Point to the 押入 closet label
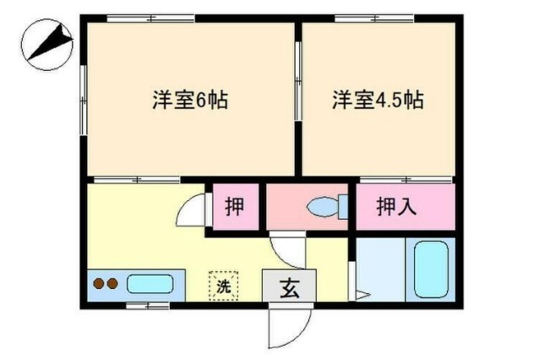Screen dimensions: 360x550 pos(396,206)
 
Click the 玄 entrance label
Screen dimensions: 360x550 pos(289,287)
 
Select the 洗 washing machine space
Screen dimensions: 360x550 pos(224,284)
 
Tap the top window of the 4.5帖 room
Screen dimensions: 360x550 pos(373,18)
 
